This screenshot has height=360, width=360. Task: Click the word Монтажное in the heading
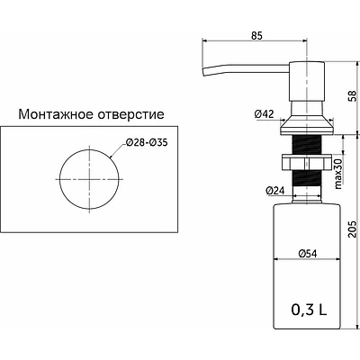pos(53,115)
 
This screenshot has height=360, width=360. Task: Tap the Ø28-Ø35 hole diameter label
pos(146,141)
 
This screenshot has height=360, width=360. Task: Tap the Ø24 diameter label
pos(275,191)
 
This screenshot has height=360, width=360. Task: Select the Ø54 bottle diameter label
pos(307,254)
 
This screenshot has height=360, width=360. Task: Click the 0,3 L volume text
pos(309,310)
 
